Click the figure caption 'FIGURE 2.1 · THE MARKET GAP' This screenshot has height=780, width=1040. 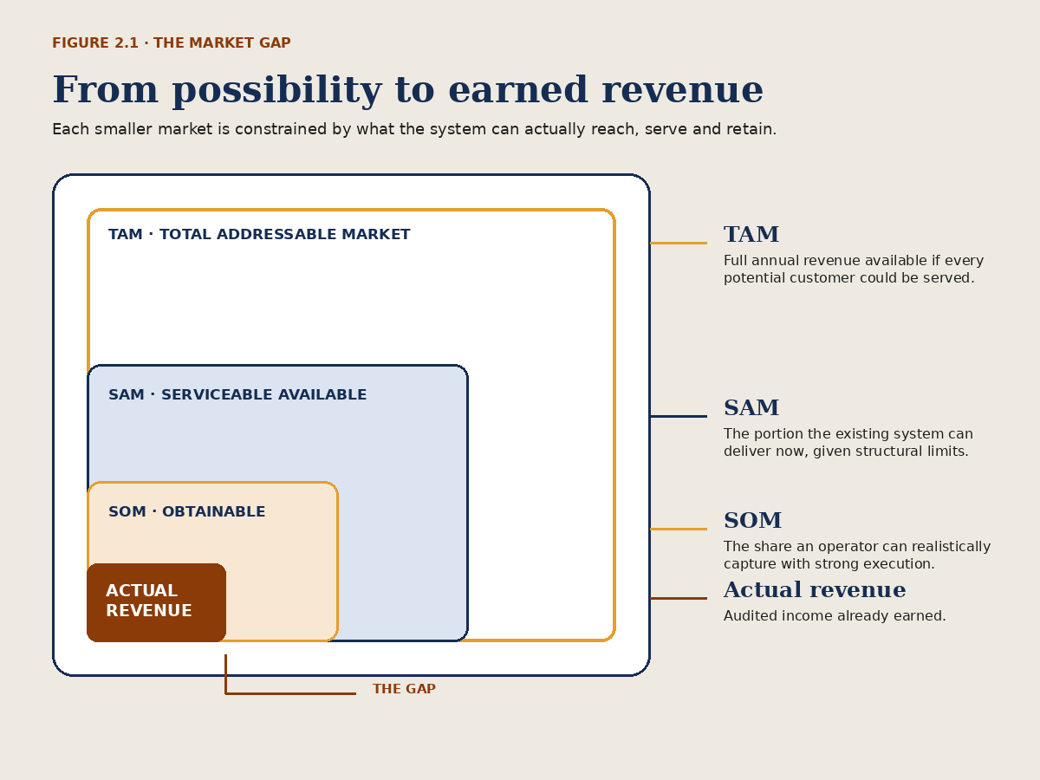coord(171,43)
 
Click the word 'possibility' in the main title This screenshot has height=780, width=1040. coord(277,91)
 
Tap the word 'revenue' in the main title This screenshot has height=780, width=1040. coord(682,90)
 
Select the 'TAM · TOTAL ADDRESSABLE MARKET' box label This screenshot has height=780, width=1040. coord(259,234)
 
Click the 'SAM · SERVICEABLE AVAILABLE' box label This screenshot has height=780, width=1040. coord(237,394)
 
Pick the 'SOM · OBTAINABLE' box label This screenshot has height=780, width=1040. coord(186,511)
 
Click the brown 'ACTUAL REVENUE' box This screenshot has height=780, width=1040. coord(156,602)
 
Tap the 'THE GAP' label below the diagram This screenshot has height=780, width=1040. coord(404,689)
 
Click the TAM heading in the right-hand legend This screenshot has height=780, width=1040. coord(751,234)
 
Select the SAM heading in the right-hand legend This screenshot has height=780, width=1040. coord(751,407)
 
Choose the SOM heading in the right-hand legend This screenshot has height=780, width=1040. coord(752,521)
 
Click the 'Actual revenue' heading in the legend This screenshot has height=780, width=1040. coord(815,590)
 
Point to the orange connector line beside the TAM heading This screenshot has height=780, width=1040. coord(679,243)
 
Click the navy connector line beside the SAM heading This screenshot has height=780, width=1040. coord(679,416)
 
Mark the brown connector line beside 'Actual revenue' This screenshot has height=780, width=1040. coord(679,598)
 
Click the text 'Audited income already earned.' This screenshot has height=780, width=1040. coord(835,616)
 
